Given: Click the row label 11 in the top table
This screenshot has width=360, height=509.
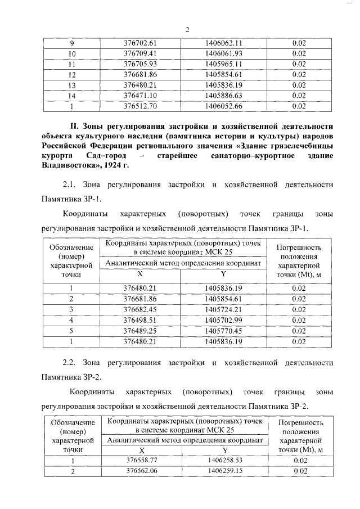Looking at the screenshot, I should tap(72, 64).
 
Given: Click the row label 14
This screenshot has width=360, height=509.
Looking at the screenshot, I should tap(72, 95).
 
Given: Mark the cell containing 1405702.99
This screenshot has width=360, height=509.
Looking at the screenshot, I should tap(223, 320).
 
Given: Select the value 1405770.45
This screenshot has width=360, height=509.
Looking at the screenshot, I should tap(223, 330).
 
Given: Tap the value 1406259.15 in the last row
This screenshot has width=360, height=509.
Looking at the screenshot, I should tap(225, 471).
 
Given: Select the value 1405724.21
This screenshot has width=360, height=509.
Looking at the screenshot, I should tap(223, 309).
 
